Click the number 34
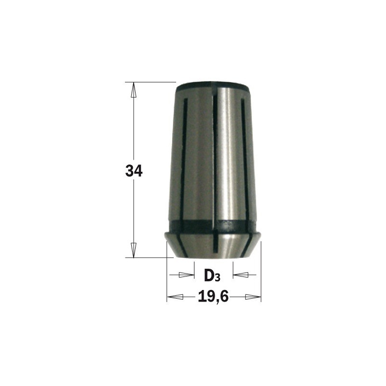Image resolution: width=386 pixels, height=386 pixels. tap(134, 171)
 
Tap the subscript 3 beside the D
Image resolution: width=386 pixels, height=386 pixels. tap(218, 277)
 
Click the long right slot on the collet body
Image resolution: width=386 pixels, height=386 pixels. tap(244, 154)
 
